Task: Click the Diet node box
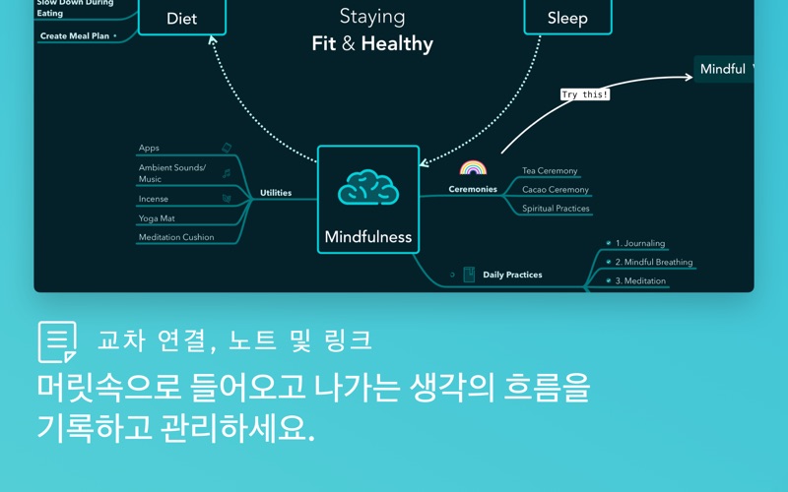point(182,18)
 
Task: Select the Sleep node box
point(568,18)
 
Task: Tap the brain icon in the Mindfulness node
point(368,187)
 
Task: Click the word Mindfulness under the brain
point(368,236)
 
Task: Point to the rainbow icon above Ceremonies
point(473,167)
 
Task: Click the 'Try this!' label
point(585,94)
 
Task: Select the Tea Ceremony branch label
point(550,170)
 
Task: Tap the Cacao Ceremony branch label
point(556,189)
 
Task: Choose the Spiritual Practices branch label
point(556,209)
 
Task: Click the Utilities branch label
point(276,193)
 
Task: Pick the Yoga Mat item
point(157,218)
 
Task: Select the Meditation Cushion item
point(176,237)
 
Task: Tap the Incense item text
point(154,199)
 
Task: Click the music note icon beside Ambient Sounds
point(227,174)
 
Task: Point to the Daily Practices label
point(512,275)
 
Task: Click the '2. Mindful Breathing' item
point(654,262)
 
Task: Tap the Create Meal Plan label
point(75,36)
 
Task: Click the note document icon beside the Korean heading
point(57,341)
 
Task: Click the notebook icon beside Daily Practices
point(469,275)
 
